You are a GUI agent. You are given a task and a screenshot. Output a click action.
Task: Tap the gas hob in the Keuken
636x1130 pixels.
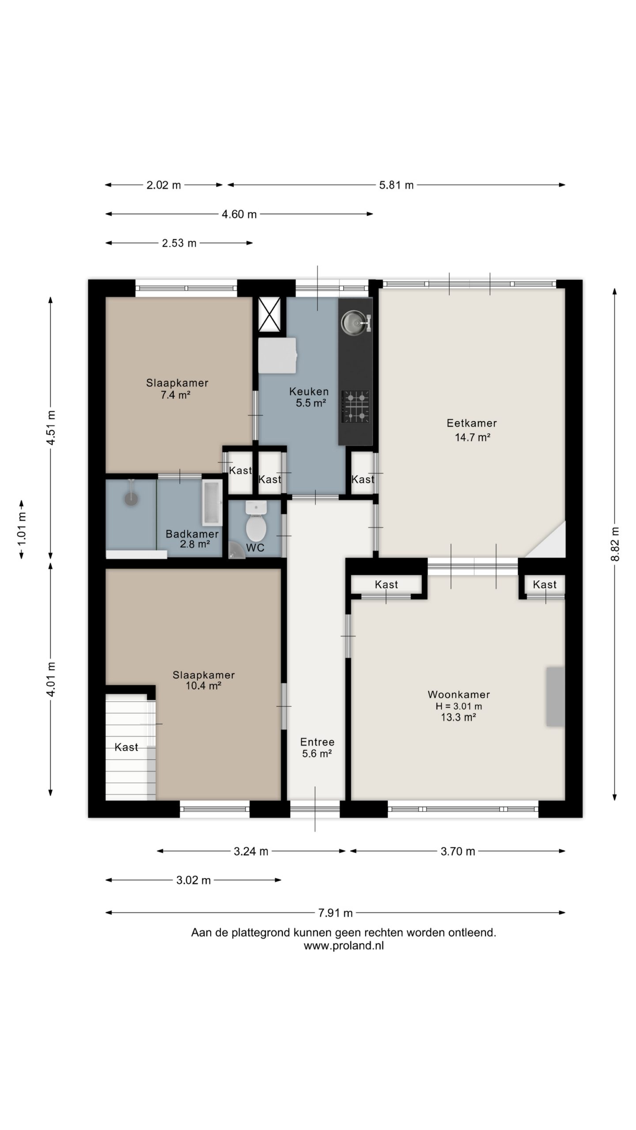coord(356,406)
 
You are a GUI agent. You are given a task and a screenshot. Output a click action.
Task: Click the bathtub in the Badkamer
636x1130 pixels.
coord(212,503)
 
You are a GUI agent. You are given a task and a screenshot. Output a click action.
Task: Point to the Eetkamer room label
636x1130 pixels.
coord(472,423)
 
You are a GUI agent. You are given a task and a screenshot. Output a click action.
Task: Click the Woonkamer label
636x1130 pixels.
coord(459,694)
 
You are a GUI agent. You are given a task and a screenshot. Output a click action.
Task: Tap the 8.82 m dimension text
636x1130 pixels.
coord(615,544)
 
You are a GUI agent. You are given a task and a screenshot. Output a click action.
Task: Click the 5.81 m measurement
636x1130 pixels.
coord(396,185)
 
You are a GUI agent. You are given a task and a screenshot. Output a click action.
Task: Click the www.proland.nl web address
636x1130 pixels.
coord(344,945)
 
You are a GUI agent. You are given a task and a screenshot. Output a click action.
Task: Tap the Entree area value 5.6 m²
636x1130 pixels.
coord(317,753)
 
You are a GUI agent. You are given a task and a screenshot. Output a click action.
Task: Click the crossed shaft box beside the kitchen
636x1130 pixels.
coord(269,314)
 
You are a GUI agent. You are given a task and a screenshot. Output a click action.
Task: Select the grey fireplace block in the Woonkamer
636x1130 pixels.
coord(556,696)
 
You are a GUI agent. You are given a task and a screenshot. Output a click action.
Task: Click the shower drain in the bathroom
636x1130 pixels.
coord(131,499)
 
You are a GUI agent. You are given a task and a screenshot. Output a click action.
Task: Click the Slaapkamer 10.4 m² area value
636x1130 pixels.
coord(203,686)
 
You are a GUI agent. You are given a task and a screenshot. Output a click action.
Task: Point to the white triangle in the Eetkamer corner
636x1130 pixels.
coord(552,545)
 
